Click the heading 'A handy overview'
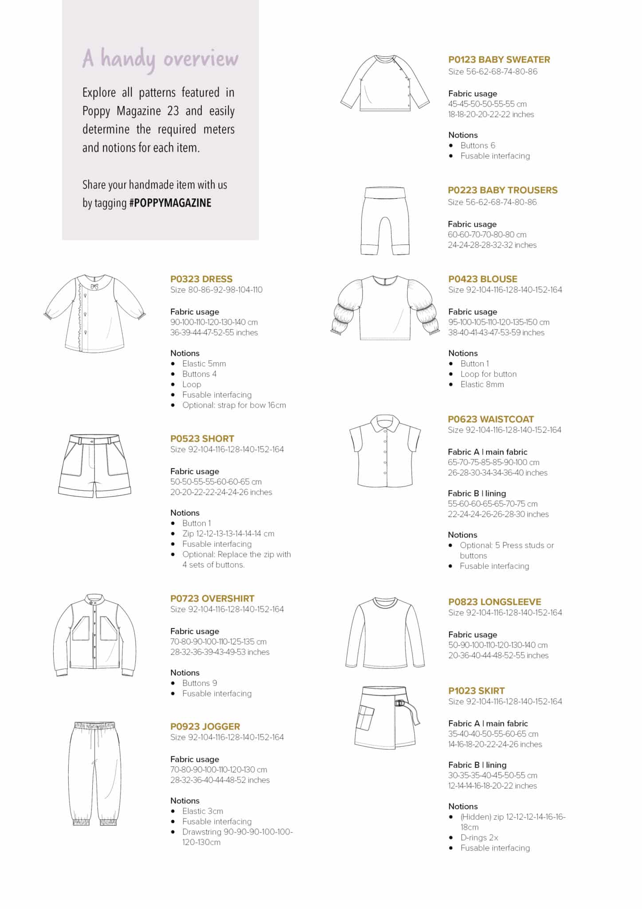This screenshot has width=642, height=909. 160,59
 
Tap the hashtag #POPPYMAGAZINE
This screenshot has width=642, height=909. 170,203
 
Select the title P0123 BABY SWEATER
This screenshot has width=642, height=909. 499,59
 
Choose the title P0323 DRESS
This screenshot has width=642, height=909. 201,279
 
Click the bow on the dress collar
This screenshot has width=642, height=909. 94,287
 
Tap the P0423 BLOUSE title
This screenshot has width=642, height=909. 482,279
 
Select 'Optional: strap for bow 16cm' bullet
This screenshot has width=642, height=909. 234,405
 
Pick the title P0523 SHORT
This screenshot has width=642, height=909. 202,439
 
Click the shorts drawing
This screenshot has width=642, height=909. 95,466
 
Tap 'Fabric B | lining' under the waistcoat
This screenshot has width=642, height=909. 477,494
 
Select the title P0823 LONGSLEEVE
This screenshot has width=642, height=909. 494,602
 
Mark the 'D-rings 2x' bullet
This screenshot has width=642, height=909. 479,838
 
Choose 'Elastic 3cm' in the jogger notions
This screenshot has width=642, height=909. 202,811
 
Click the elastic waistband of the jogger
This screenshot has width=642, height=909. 95,726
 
